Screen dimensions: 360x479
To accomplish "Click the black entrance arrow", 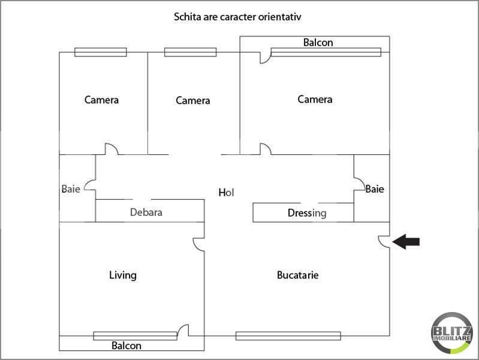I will (x=406, y=242).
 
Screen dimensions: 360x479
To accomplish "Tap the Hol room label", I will (x=226, y=193).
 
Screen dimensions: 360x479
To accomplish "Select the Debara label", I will (x=146, y=212).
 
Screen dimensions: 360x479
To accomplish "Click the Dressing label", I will (x=307, y=213).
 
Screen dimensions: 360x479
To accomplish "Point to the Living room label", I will (x=123, y=275).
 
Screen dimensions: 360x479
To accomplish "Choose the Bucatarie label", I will (x=297, y=275).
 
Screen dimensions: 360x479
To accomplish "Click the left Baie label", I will (x=71, y=189).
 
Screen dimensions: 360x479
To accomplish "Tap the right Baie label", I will (x=375, y=189).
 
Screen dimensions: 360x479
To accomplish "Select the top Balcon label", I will (x=318, y=43).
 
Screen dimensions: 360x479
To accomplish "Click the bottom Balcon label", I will (x=126, y=346).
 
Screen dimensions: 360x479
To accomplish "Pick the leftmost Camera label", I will (x=101, y=100).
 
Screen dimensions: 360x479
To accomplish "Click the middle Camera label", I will (x=193, y=100).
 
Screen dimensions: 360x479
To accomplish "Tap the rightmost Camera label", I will (x=315, y=99).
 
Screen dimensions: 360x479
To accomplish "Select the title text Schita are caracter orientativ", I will (x=237, y=17).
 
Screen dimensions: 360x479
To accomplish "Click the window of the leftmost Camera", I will (x=101, y=52).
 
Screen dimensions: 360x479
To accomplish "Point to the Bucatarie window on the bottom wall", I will (x=288, y=336).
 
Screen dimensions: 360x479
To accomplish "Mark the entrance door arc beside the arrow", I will (x=384, y=241).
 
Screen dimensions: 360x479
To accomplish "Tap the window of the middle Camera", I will (x=190, y=52).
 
